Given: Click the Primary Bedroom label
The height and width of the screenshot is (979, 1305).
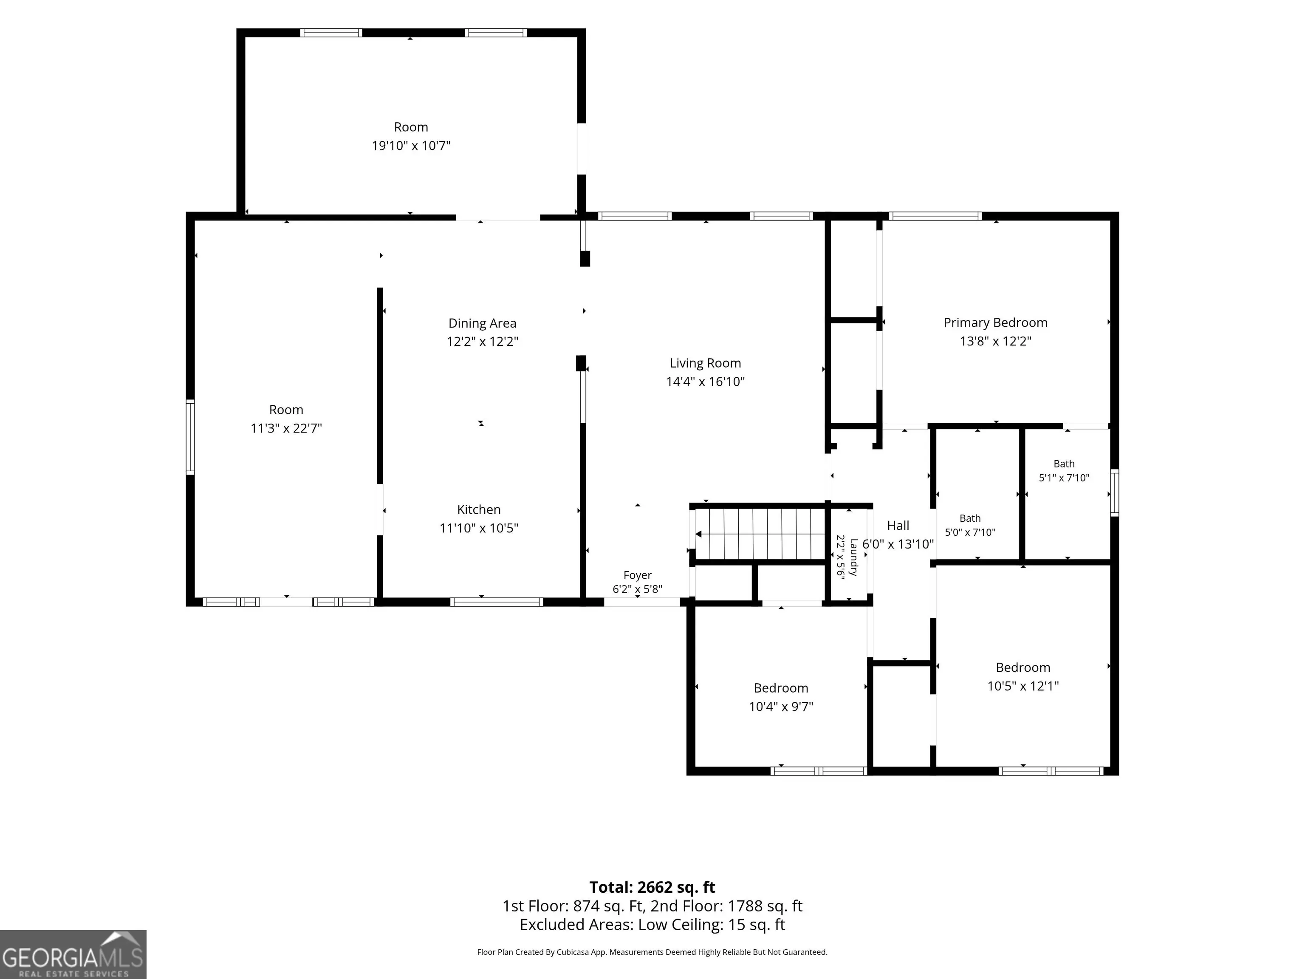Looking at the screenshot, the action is tap(995, 323).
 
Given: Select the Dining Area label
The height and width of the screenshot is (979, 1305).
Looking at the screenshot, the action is tap(482, 323).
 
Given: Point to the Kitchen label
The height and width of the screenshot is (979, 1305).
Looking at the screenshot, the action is tap(478, 509).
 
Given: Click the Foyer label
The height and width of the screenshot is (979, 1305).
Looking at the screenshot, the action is tap(637, 575).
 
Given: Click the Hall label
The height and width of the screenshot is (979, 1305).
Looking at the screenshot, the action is tap(898, 525).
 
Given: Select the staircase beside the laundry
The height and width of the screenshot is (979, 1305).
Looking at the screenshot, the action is tap(760, 534).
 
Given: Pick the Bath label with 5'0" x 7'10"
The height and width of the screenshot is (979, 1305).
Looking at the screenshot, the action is tap(970, 518).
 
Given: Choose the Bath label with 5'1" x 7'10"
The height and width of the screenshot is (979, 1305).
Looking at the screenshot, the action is tap(1064, 464).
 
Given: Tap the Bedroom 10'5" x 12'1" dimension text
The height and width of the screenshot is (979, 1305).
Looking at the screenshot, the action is tap(1023, 686).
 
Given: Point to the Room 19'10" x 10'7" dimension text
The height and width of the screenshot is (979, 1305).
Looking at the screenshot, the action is tap(411, 145).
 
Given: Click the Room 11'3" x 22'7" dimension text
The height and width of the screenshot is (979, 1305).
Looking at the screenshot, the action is tap(286, 428).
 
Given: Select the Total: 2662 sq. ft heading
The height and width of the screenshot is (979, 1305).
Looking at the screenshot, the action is tap(652, 887).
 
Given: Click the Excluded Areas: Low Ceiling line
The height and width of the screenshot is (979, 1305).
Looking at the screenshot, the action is tap(652, 924).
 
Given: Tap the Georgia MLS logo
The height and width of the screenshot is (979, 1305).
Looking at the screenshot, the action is tap(73, 954).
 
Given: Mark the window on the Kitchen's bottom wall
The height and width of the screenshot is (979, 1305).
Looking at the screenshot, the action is tap(496, 602).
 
